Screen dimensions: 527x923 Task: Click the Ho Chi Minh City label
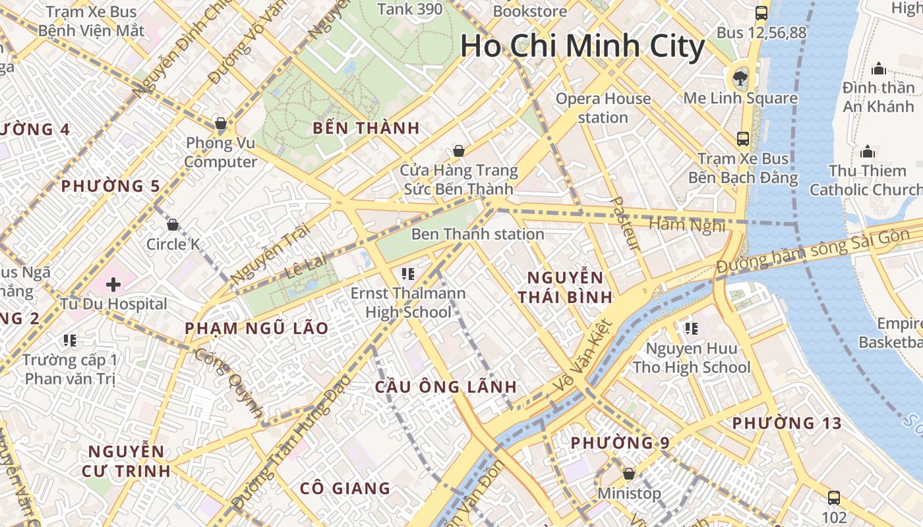coord(582,47)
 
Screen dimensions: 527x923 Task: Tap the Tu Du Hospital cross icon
coord(113,285)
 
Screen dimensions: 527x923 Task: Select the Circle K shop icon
coord(173,225)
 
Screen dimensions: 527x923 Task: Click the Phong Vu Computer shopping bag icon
coord(221,123)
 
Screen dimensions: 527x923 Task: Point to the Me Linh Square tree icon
coord(740,78)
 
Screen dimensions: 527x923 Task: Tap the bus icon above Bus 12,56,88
coord(761,13)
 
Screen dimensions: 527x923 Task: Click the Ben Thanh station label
coord(477,234)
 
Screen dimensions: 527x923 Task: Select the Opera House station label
coord(603,108)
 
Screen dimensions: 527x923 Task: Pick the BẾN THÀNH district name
coord(366,128)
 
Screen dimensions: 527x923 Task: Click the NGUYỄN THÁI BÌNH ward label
coord(565,287)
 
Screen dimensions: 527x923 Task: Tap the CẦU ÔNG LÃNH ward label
coord(446,387)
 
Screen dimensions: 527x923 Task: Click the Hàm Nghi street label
coord(687,225)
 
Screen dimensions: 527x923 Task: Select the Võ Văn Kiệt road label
coord(583,356)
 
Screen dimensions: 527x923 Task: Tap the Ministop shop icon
coord(629,474)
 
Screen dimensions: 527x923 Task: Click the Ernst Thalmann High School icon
coord(407,273)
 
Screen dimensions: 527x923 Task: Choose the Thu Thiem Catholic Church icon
coord(868,152)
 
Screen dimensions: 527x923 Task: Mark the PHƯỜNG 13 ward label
coord(787,423)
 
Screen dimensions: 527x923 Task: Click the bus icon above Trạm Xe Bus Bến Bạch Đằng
coord(743,138)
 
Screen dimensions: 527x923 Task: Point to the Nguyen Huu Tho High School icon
coord(691,328)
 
